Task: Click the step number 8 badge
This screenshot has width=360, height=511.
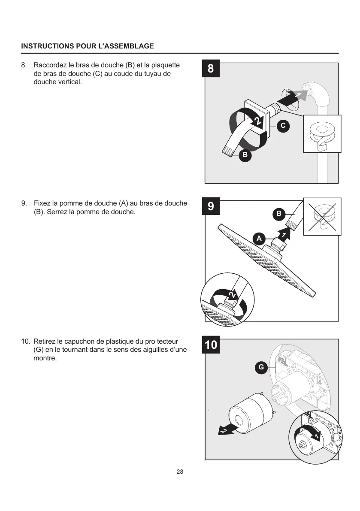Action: pos(211,69)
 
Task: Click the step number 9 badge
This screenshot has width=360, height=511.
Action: pos(211,206)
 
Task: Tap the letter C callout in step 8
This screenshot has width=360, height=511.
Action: pos(282,126)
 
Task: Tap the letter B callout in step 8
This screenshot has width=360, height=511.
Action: pos(245,154)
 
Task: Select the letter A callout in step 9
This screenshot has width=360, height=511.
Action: pos(258,237)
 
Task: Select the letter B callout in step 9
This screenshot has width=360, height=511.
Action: pos(278,213)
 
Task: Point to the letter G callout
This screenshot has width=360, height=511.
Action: pos(260,367)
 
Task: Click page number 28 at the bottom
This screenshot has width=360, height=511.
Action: pos(180,472)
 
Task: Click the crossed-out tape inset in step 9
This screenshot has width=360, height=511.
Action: pos(322,217)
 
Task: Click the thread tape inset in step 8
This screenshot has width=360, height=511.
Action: pos(322,134)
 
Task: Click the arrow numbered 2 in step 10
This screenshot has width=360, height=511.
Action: pos(225,429)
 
